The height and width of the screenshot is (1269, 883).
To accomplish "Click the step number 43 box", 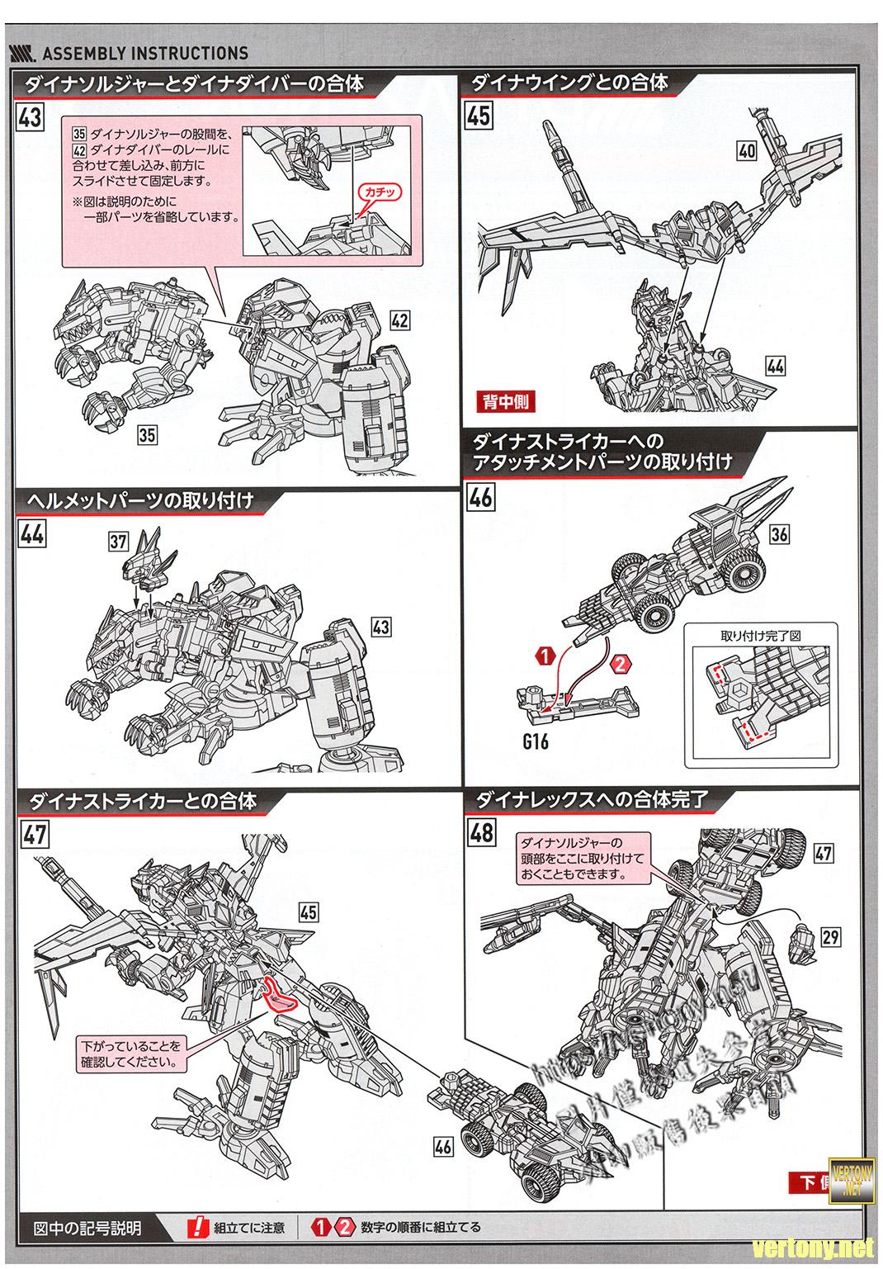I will pyautogui.click(x=30, y=116).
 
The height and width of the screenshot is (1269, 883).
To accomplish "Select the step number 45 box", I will pyautogui.click(x=479, y=115).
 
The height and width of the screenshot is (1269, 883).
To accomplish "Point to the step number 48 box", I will pyautogui.click(x=481, y=831).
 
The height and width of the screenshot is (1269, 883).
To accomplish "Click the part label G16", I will pyautogui.click(x=536, y=741).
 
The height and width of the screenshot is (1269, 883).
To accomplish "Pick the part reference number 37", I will pyautogui.click(x=119, y=541).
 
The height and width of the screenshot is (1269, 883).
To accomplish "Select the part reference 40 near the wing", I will pyautogui.click(x=748, y=151).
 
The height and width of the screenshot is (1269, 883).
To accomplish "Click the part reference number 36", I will pyautogui.click(x=779, y=534).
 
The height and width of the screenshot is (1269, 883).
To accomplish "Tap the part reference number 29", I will pyautogui.click(x=830, y=936).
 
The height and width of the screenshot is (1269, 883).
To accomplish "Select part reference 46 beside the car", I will pyautogui.click(x=443, y=1147).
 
